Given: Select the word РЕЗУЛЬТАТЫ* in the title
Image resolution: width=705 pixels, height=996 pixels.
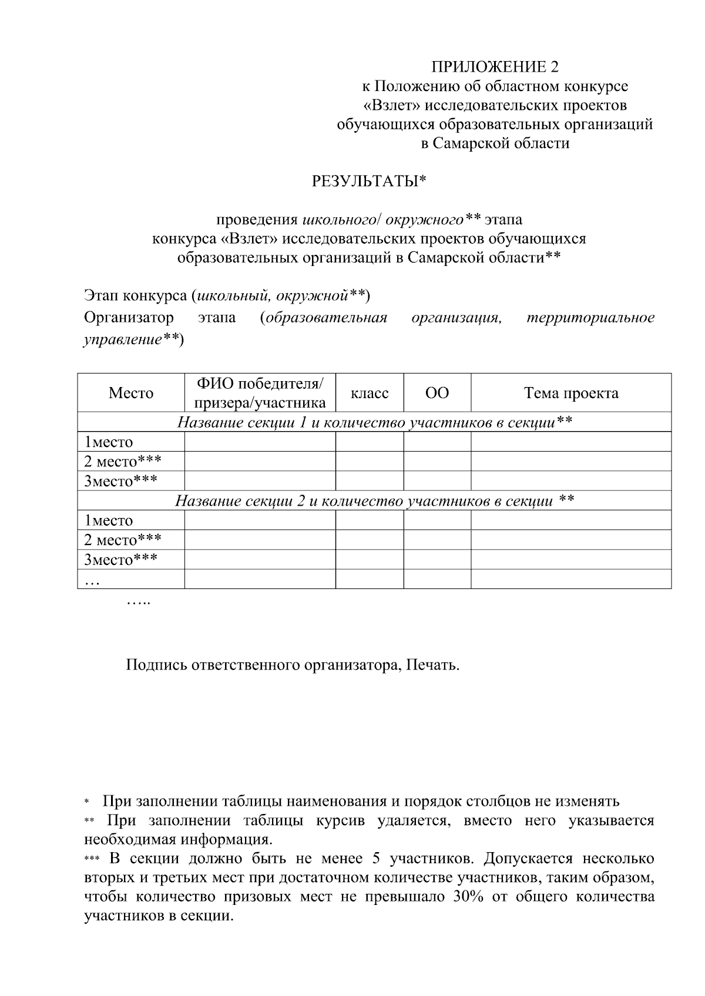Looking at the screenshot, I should [x=368, y=181].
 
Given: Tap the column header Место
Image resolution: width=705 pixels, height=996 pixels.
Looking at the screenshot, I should [x=130, y=393].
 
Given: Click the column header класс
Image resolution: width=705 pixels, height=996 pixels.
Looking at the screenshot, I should [x=369, y=393].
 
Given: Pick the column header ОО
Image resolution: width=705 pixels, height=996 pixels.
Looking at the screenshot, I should [x=437, y=393].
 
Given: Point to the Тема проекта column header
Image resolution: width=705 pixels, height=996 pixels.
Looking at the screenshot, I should [x=570, y=393].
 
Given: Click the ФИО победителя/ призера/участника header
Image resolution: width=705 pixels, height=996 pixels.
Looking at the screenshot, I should [x=260, y=393].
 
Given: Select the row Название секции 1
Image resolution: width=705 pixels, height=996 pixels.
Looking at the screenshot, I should [x=374, y=422].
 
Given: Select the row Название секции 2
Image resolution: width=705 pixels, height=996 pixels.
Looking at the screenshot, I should [x=374, y=501].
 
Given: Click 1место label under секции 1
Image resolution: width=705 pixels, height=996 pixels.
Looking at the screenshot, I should [x=109, y=442].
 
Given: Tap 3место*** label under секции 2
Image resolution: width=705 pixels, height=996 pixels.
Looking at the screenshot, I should [x=120, y=560].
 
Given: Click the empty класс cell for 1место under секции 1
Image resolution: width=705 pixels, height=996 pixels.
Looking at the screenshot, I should [x=369, y=442].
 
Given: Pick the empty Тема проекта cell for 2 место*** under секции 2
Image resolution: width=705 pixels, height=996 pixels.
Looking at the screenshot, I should [x=570, y=540].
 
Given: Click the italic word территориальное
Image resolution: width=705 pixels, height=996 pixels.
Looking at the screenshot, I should [x=590, y=318].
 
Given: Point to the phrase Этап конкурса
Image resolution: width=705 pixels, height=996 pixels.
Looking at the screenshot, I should [x=135, y=295].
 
